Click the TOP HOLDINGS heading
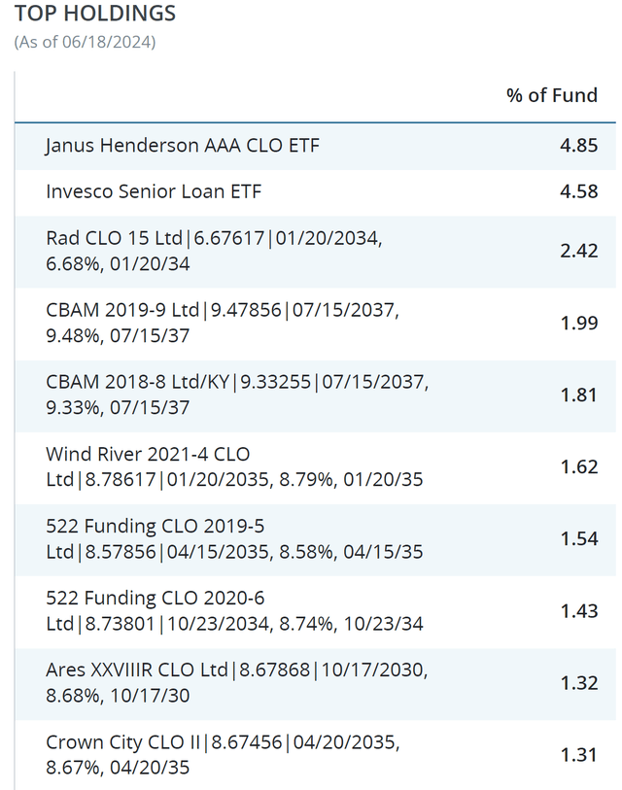click(x=95, y=14)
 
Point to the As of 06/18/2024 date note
click(x=86, y=42)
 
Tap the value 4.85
click(x=579, y=146)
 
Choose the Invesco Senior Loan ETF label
click(x=154, y=191)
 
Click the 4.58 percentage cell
click(x=579, y=191)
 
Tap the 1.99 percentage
click(x=579, y=323)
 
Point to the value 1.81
click(x=579, y=395)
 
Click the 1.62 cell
click(x=579, y=466)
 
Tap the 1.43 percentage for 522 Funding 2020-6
click(x=579, y=610)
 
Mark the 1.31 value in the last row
click(x=579, y=754)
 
